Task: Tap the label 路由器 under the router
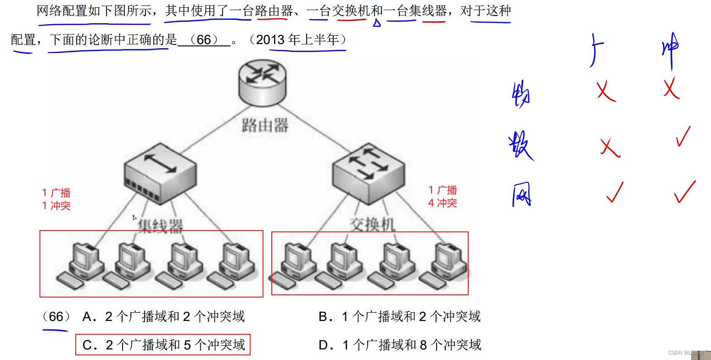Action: point(265,125)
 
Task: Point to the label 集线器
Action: point(161,225)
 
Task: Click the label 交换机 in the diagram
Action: point(372,225)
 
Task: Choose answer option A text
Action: point(163,316)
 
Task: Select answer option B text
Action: point(399,316)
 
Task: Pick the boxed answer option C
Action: point(163,345)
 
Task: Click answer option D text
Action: point(399,345)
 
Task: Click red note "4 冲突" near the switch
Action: point(442,203)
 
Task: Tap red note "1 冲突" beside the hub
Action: point(56,206)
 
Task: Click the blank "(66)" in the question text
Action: point(203,40)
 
